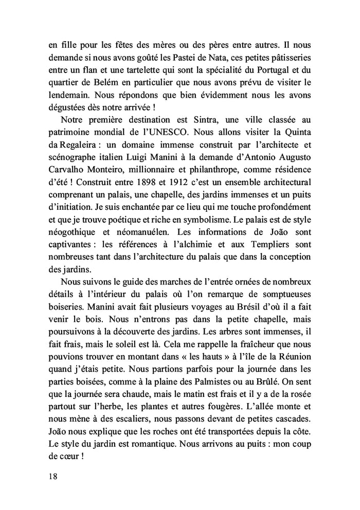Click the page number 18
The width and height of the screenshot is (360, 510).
tap(50, 476)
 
